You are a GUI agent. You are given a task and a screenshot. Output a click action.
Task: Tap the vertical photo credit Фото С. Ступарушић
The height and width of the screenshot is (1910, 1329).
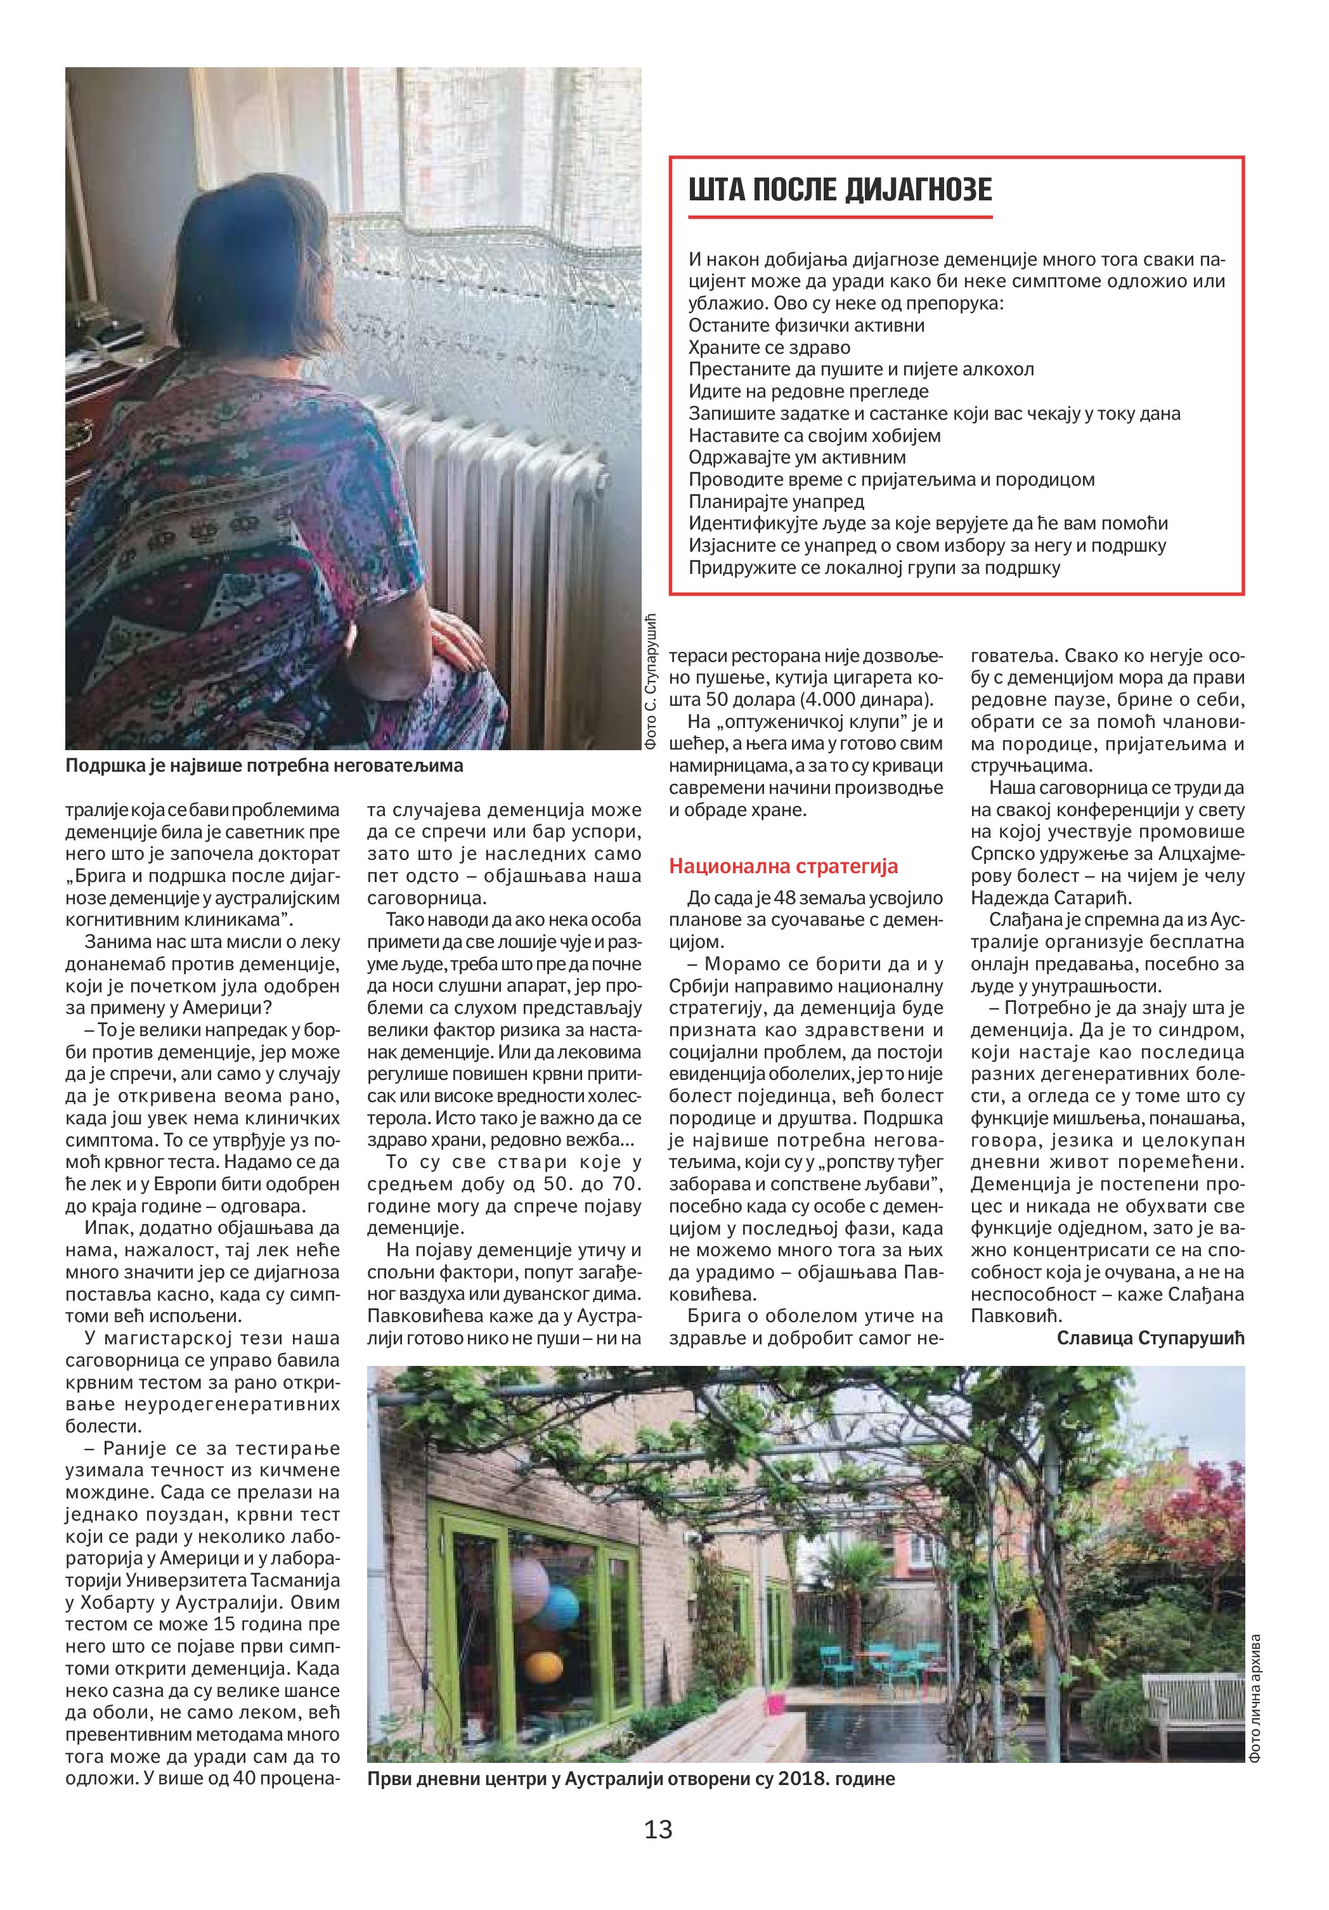coord(651,682)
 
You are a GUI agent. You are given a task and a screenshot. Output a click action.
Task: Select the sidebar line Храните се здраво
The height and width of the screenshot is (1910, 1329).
coord(769,348)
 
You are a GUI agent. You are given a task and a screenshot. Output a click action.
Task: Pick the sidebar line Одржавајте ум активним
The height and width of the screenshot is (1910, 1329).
coord(797,458)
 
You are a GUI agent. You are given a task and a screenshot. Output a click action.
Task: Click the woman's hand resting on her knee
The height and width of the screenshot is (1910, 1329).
coord(453,637)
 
